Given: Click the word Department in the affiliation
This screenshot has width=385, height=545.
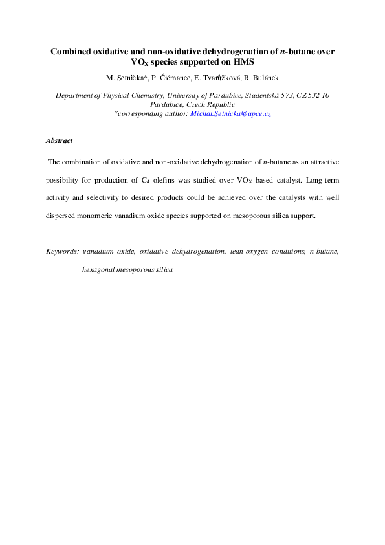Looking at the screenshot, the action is pos(76,95).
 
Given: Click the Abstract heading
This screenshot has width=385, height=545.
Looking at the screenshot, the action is pos(60,140).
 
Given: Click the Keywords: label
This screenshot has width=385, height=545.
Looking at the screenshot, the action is pos(62,250).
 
